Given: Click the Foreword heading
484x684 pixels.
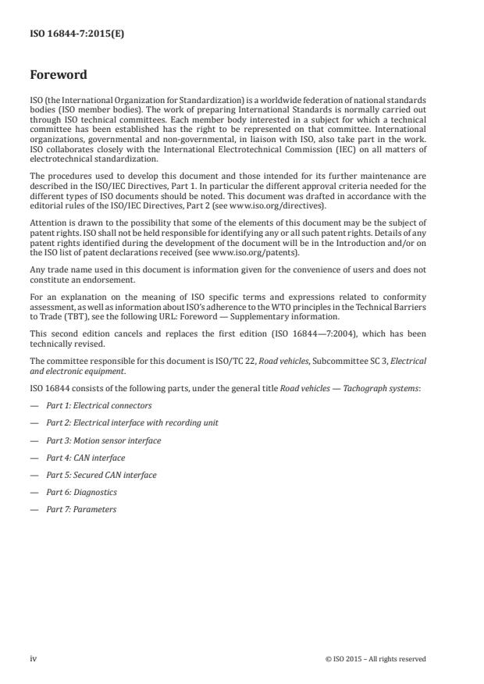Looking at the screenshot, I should click(58, 76).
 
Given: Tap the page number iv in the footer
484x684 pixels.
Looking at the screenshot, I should click(34, 658).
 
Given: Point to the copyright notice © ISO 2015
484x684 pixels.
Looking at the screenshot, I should click(375, 659).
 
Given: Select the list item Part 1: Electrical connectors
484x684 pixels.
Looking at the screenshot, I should click(98, 406).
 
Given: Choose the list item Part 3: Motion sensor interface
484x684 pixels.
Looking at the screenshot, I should click(104, 440).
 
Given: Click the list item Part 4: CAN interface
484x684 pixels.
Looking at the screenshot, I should click(85, 458).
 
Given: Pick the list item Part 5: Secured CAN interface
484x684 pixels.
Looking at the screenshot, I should click(101, 475).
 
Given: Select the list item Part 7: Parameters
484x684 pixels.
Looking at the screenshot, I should click(81, 509).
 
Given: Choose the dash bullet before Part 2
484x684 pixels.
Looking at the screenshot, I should click(34, 423).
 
